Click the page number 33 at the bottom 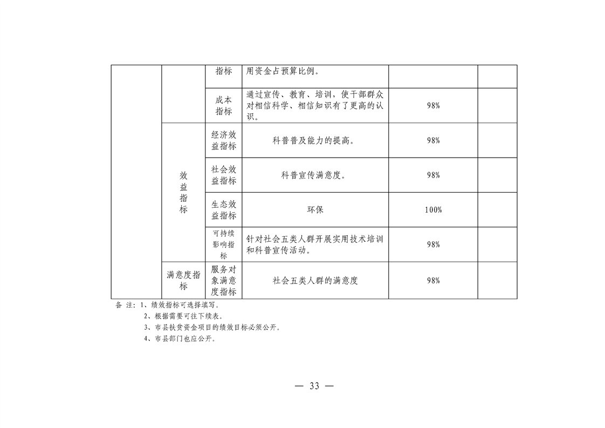pos(314,386)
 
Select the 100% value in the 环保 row pos(434,210)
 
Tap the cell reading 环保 pos(315,210)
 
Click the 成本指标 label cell pos(224,105)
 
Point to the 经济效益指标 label pos(224,140)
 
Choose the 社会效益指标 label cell pos(224,175)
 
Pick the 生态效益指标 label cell pos(224,210)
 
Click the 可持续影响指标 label pos(224,244)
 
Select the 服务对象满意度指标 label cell pos(224,281)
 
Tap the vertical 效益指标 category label pos(184,192)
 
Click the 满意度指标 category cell pos(184,281)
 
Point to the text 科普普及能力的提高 pos(314,140)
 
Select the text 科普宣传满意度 pos(313,175)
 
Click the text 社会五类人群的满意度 pos(315,281)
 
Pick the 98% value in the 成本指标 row pos(434,105)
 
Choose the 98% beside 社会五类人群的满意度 pos(434,281)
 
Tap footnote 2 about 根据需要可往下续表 pos(184,316)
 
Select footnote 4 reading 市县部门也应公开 pos(180,339)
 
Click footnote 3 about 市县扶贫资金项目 pos(212,328)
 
